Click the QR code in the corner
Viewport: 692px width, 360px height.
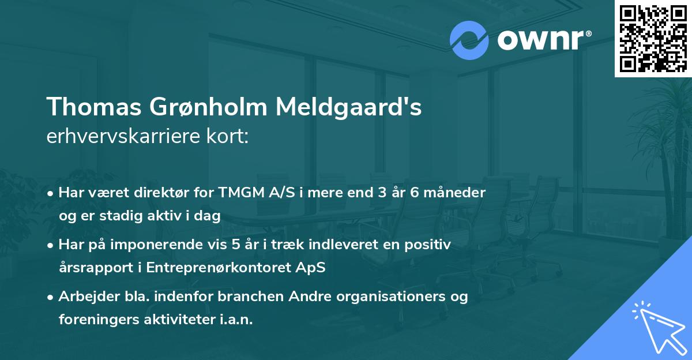point(653,38)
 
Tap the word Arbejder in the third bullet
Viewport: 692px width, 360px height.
point(86,297)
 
